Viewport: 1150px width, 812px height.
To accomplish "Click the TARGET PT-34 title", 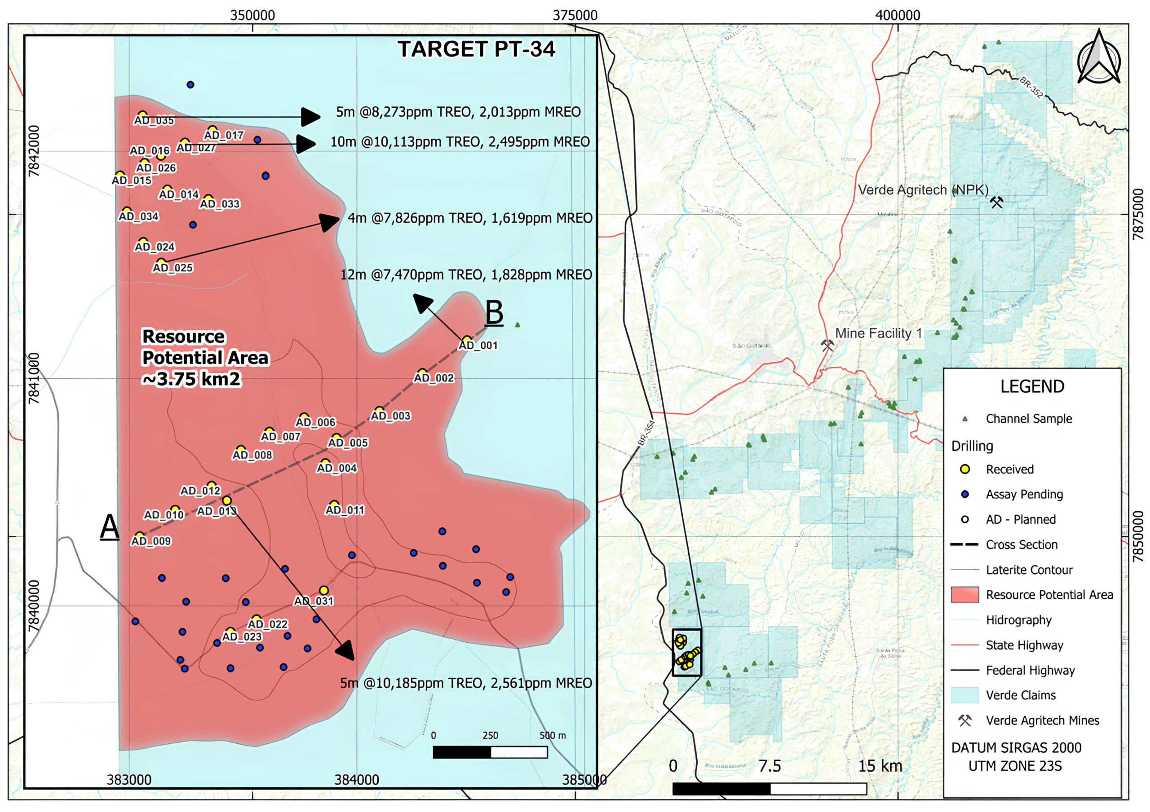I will click(x=476, y=49).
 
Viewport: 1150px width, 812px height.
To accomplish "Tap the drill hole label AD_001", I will click(x=478, y=346).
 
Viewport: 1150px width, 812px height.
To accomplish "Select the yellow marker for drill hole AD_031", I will click(x=323, y=591).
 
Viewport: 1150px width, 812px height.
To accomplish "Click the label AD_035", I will click(x=154, y=121).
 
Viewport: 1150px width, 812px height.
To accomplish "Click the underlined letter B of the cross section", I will click(x=494, y=313).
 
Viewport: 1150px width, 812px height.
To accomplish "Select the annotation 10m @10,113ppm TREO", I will click(x=459, y=142).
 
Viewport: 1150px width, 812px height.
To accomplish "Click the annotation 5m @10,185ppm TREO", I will click(x=466, y=683).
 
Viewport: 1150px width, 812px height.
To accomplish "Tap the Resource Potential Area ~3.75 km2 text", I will click(x=205, y=357).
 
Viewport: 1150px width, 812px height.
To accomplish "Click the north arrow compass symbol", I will click(x=1098, y=57).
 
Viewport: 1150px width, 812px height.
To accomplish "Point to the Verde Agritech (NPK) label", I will click(x=923, y=190).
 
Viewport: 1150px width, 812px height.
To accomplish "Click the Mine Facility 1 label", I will click(x=878, y=334).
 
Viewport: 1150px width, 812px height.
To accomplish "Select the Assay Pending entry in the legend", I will click(x=1024, y=495).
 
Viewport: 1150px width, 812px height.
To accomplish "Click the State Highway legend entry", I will click(x=1024, y=645).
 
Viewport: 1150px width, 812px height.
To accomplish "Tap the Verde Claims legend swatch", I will click(x=964, y=695).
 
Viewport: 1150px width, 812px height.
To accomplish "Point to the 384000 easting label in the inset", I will click(x=357, y=780).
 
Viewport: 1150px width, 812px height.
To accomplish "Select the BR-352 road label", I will click(x=1032, y=87).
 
